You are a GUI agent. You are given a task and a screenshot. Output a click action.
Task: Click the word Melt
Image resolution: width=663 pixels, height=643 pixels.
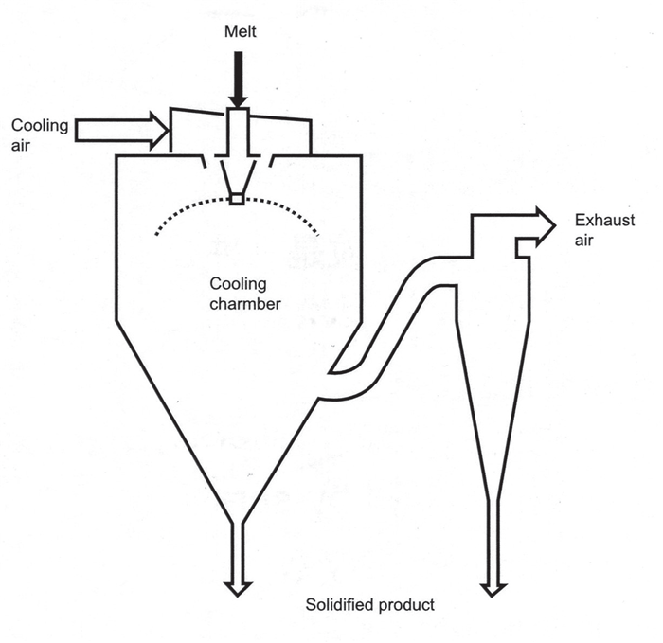(241, 31)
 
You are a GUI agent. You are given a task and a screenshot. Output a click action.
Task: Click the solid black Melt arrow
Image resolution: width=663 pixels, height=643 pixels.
(239, 80)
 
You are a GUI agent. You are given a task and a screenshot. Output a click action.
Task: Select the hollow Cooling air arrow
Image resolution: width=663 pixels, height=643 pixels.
(122, 130)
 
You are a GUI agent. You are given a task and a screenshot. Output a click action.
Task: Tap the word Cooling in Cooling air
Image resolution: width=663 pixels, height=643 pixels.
(40, 126)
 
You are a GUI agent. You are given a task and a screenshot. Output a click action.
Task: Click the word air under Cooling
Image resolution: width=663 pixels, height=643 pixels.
(20, 146)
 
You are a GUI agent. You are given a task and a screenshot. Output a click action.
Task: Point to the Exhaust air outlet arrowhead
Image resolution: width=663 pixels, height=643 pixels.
(546, 226)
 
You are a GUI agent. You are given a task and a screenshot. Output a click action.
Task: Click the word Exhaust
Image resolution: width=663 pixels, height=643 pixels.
(604, 221)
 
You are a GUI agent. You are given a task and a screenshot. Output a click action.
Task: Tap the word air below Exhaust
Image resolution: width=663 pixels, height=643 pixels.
(584, 241)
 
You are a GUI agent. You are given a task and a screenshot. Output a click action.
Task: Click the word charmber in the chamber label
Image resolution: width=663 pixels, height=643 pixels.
(245, 304)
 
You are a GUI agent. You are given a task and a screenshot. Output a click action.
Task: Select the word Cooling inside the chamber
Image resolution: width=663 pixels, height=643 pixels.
(238, 284)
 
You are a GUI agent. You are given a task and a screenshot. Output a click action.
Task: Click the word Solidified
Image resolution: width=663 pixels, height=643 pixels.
(340, 604)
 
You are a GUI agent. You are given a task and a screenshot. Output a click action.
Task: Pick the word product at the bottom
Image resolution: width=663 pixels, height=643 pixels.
(406, 605)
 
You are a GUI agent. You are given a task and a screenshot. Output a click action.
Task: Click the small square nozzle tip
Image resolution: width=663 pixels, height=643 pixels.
(237, 199)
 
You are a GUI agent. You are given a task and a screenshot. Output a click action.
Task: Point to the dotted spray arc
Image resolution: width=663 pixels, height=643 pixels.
(237, 200)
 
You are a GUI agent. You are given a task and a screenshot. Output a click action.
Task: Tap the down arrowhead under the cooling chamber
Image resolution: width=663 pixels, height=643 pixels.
(238, 589)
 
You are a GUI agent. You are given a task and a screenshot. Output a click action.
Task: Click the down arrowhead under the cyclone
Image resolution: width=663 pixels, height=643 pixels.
(493, 590)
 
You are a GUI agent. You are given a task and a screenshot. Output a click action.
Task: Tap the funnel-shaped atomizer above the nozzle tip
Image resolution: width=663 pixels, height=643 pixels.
(238, 174)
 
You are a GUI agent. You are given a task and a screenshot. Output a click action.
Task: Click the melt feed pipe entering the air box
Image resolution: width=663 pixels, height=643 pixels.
(239, 132)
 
